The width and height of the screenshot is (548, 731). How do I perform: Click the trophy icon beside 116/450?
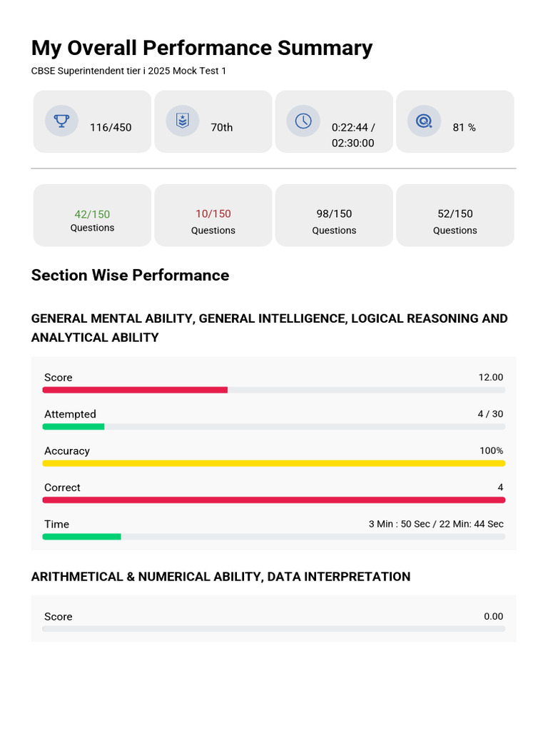coord(61,121)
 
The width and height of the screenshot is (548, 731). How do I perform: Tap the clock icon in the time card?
coord(303,121)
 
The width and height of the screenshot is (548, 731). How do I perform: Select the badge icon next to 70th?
coord(182,121)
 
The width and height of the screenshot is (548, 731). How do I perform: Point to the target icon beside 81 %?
coord(424,121)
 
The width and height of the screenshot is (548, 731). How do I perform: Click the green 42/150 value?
coord(92,214)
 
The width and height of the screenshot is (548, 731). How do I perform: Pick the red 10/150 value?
coord(213,213)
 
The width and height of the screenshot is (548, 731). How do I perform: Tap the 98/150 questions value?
coord(334,213)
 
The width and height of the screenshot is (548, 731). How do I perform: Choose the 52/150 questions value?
coord(455,213)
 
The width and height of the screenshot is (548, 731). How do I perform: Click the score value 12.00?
coord(491,377)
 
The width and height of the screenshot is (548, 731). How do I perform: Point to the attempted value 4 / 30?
coord(490,414)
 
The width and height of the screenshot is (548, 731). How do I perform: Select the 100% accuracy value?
coord(491,451)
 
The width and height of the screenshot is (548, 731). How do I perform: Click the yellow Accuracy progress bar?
coord(274,463)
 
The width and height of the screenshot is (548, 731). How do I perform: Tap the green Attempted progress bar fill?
coord(73,427)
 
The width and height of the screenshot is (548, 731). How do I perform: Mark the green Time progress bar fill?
coord(81,537)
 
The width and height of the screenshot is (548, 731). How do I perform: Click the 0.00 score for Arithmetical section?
coord(494,616)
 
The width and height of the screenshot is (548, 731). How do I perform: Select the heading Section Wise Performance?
coord(130,275)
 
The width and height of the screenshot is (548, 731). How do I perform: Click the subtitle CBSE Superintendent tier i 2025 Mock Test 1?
coord(128,71)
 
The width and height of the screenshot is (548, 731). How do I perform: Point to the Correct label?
coord(62,487)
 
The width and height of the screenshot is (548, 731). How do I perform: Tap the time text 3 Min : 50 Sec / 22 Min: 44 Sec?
coord(436,524)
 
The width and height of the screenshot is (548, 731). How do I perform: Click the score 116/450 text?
coord(111,127)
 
